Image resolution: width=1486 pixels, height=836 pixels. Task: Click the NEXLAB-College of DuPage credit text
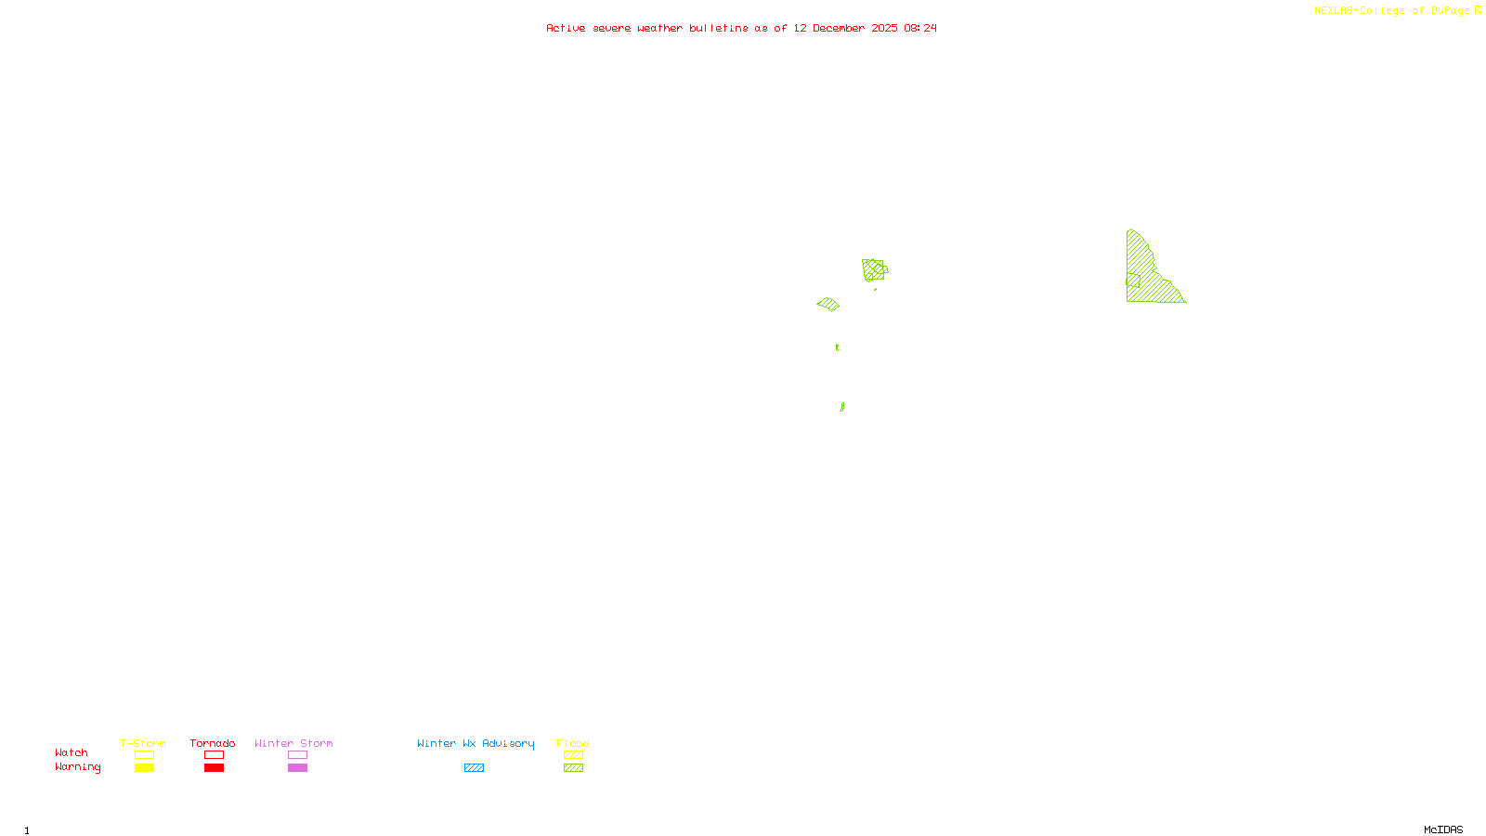[x=1391, y=11]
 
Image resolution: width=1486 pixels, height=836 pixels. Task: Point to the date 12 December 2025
[x=845, y=29]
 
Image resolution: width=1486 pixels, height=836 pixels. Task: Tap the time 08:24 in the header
[x=920, y=29]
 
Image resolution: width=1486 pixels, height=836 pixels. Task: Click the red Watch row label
[x=72, y=753]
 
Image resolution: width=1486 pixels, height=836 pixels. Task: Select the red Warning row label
[x=77, y=767]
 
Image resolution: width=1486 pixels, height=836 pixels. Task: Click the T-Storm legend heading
[x=143, y=743]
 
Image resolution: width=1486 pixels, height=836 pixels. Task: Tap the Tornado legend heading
[x=213, y=743]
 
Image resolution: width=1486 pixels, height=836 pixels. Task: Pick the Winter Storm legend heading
[x=293, y=743]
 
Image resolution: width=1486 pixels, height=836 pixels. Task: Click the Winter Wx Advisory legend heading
[x=476, y=743]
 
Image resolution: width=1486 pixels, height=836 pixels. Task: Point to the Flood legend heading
[x=573, y=743]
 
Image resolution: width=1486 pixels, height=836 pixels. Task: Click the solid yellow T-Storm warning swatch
[x=144, y=768]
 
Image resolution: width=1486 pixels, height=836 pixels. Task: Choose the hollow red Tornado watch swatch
[x=214, y=755]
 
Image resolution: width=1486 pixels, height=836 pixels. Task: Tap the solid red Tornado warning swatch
[x=214, y=768]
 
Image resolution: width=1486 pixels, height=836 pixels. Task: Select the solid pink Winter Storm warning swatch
[x=297, y=768]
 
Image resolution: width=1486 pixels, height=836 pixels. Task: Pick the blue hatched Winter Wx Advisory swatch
[x=474, y=768]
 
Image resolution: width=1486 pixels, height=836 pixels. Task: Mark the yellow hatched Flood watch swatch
[x=573, y=755]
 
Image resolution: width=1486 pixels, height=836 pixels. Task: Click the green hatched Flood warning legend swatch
[x=573, y=768]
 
